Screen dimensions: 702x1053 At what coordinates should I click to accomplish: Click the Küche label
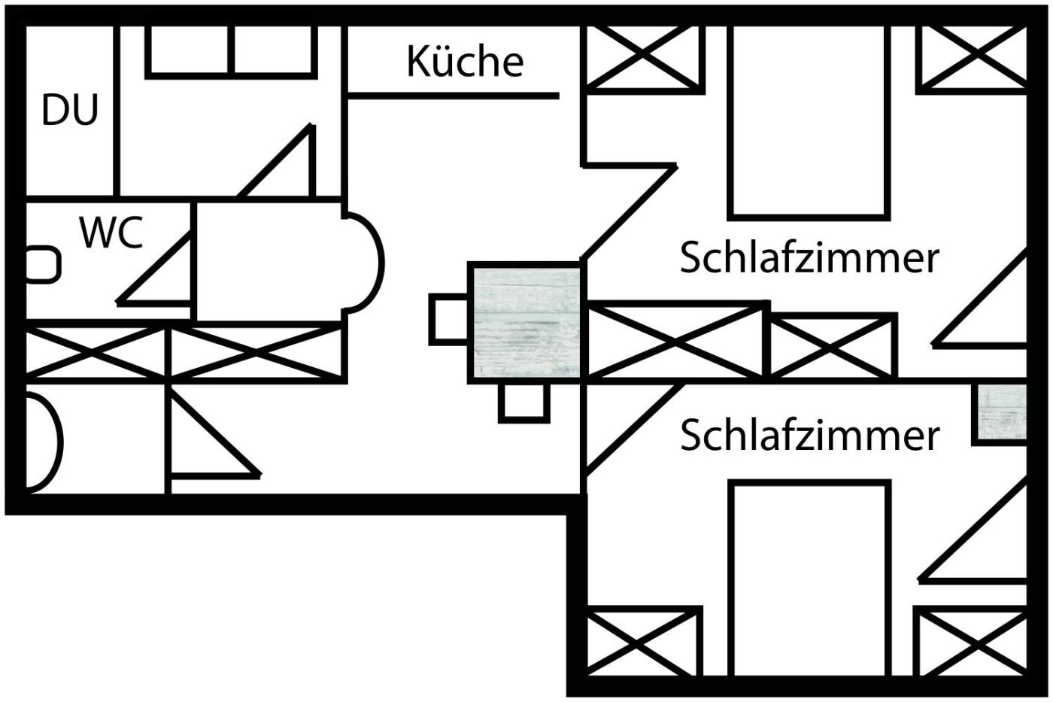(465, 62)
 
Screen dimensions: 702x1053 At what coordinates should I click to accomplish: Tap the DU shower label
(70, 110)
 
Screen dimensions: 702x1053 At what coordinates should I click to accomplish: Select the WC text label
(111, 232)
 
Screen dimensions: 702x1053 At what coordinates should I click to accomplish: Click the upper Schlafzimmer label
(809, 258)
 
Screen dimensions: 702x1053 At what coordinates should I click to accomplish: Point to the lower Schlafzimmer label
(809, 436)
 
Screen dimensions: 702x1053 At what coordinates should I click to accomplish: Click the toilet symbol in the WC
(42, 265)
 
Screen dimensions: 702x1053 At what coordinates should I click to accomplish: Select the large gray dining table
(525, 321)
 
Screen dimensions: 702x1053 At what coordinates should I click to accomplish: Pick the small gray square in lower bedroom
(1001, 413)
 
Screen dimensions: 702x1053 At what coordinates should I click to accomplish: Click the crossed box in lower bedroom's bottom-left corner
(642, 641)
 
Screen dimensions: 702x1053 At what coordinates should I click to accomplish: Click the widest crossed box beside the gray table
(674, 340)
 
